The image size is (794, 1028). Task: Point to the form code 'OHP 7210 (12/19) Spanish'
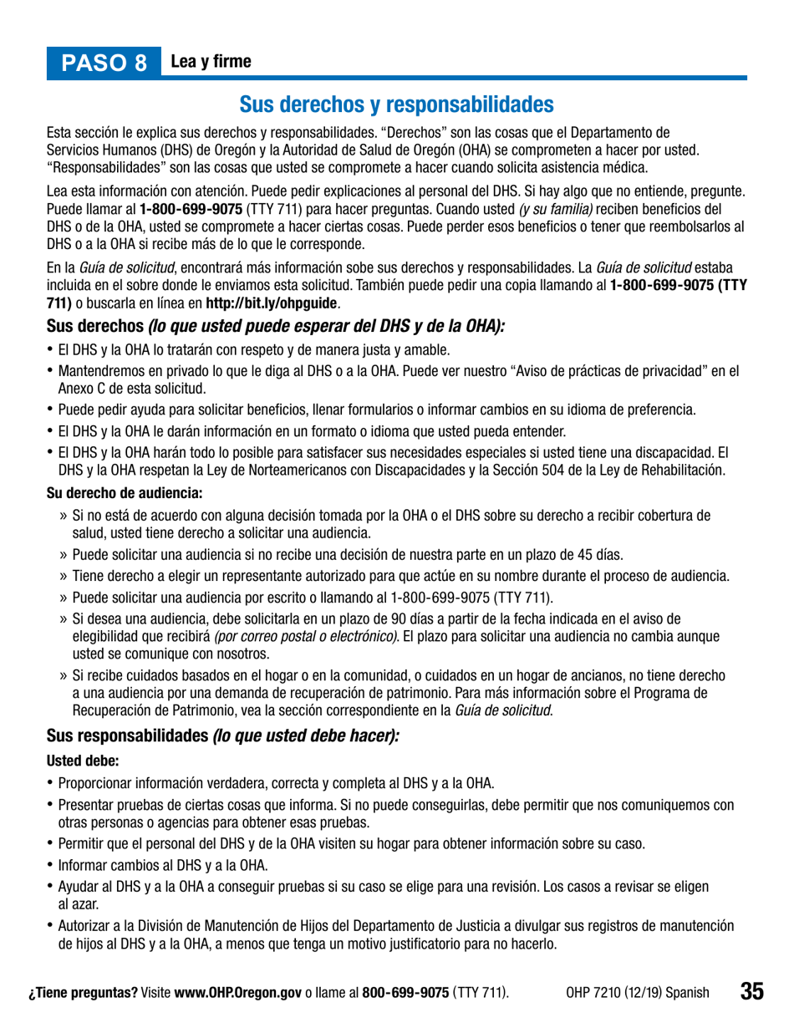[x=638, y=992]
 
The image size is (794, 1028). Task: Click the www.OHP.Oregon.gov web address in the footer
[x=237, y=992]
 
